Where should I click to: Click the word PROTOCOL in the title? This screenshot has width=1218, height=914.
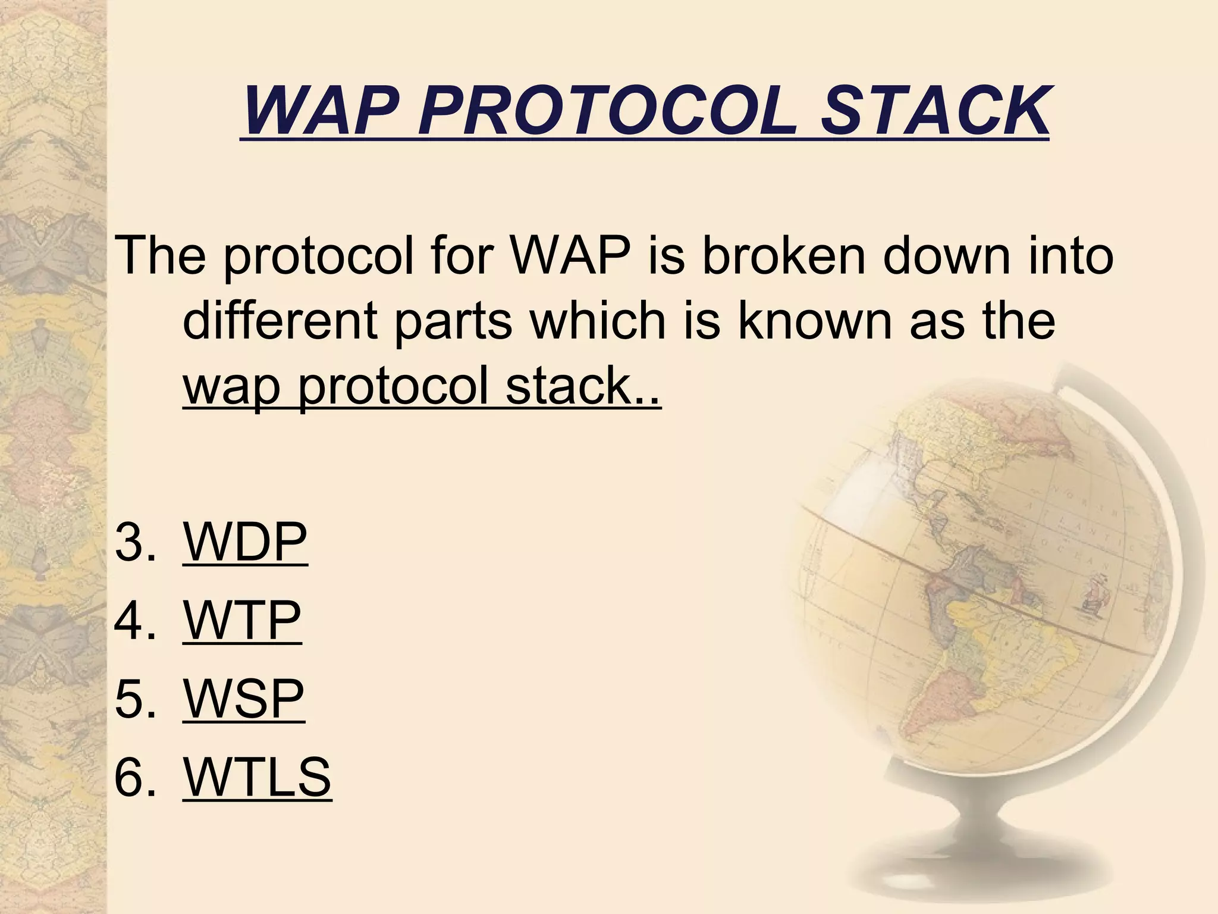point(606,111)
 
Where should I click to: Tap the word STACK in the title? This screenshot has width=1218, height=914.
point(934,111)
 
